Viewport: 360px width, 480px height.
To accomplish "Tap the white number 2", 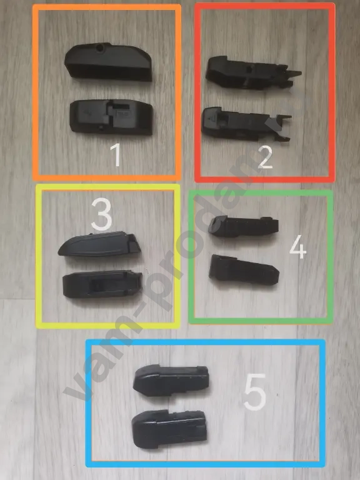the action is point(265,157).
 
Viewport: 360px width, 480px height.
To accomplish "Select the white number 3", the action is point(102,214).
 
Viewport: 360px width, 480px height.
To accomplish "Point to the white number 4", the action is point(297,247).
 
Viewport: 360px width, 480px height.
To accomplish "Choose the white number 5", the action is point(255,392).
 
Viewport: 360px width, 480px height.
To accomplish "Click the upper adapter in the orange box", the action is point(108,61).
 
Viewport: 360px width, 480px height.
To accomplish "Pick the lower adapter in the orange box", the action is point(111,117).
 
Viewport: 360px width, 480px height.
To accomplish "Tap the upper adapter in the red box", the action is point(253,73).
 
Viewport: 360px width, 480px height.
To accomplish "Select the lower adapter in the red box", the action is point(246,124).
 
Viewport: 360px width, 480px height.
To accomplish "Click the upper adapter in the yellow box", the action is point(99,244).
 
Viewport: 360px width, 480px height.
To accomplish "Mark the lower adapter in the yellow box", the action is point(102,285).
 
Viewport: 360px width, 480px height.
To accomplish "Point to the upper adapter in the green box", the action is point(243,226).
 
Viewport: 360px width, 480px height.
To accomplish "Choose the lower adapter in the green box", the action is point(244,270).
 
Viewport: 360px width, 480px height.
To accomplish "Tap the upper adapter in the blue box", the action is point(171,381).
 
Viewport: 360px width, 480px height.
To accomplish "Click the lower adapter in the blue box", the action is point(169,429).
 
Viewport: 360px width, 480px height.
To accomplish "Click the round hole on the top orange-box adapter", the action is point(99,47).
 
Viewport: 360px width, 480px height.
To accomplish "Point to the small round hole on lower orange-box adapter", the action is point(99,127).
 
